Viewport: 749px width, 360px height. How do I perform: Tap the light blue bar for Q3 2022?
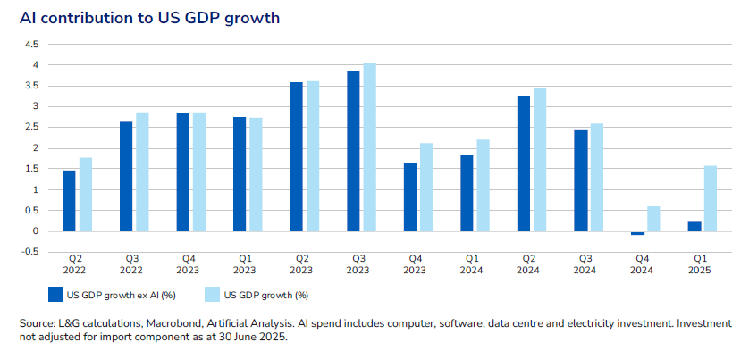[x=142, y=172]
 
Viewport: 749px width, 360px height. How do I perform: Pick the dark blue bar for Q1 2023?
[x=240, y=174]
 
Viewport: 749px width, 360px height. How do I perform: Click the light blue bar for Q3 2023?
[x=369, y=147]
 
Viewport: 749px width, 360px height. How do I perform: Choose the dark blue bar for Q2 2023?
[x=297, y=156]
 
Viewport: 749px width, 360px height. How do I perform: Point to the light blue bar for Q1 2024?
[x=484, y=185]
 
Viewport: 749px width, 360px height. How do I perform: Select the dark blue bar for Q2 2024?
[x=524, y=163]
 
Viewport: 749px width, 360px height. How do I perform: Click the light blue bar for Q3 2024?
[x=597, y=177]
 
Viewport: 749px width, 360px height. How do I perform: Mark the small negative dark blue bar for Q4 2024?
[x=637, y=233]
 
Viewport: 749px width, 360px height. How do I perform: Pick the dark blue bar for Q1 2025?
[x=694, y=226]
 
